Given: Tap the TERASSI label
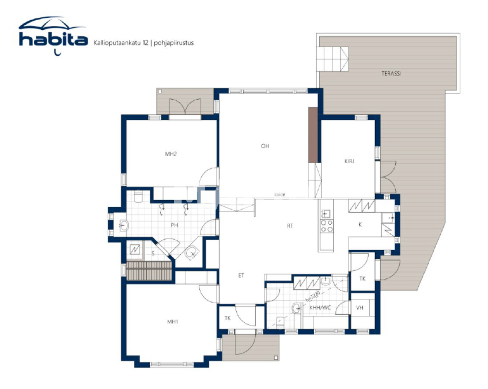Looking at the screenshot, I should coord(391,73).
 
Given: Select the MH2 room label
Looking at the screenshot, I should coord(171,154).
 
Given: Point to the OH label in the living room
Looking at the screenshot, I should coord(265,146).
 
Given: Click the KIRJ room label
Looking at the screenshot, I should coord(349,161).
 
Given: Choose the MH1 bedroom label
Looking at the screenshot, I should coord(172,322).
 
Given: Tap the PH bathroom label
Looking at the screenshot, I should coord(174,225).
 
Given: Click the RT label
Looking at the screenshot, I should coord(290,226).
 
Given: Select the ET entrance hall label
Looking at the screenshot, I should coord(241,275).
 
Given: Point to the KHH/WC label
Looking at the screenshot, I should coord(320,308).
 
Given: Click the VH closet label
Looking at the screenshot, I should coord(360,308).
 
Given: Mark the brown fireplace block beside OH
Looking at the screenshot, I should coord(313,135).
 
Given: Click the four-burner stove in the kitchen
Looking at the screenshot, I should coord(326,226).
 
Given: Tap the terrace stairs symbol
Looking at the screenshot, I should coord(332,59).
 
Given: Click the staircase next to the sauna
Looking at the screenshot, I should coord(149,271).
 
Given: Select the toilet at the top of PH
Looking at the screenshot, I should coord(138,196).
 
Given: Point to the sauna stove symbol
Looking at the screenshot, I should coord(135,249).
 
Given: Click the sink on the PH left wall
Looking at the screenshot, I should coord(123,226).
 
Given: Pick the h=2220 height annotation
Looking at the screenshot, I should coord(312,296).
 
